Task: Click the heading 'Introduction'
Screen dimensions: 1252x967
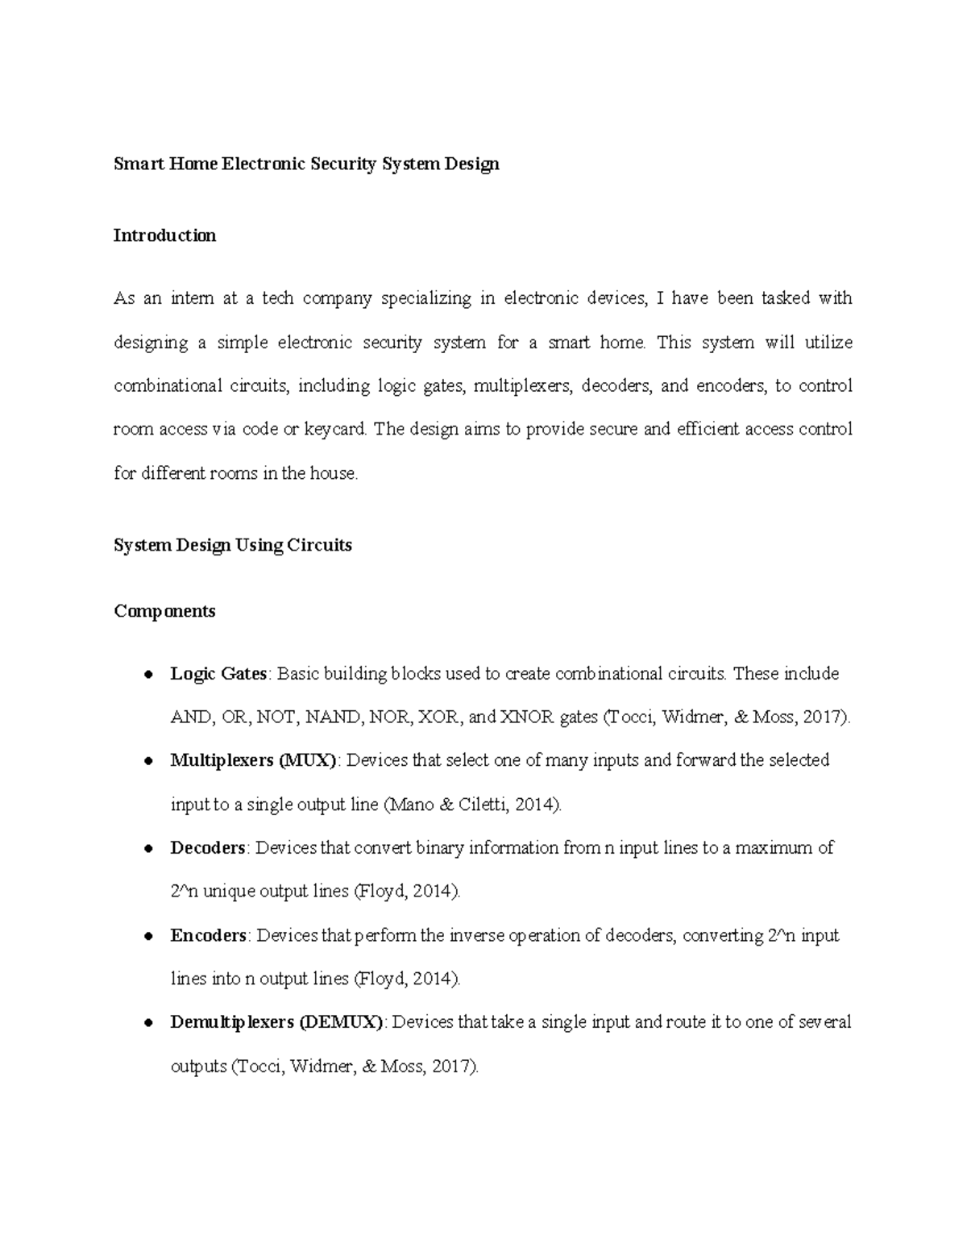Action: pos(164,235)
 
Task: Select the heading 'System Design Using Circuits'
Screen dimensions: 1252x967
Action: pos(233,545)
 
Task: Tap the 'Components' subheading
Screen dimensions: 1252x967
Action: pos(164,611)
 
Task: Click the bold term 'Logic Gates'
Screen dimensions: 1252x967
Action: pos(218,673)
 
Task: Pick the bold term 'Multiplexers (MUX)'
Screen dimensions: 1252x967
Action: pos(253,760)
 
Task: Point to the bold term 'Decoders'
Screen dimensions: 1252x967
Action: pos(208,848)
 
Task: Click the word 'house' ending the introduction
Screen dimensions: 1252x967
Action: pos(332,473)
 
